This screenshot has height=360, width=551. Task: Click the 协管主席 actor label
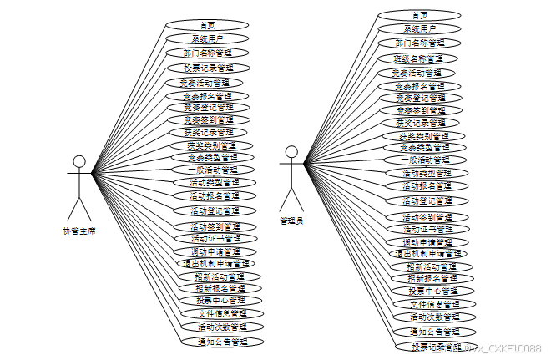pos(79,231)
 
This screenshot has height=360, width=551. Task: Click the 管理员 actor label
pos(291,221)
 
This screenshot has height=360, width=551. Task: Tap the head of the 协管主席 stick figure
pos(79,162)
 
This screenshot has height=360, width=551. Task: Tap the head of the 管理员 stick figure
pos(291,152)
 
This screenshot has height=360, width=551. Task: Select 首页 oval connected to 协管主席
pos(207,25)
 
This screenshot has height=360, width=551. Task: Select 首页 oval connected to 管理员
pos(420,15)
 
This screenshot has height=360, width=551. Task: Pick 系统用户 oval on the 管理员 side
pos(419,28)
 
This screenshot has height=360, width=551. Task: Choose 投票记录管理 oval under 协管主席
pos(208,67)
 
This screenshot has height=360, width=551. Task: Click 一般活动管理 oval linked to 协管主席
pos(208,170)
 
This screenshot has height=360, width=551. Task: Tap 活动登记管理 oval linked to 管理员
pos(427,200)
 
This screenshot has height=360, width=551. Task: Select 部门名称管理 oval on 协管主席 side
pos(208,53)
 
